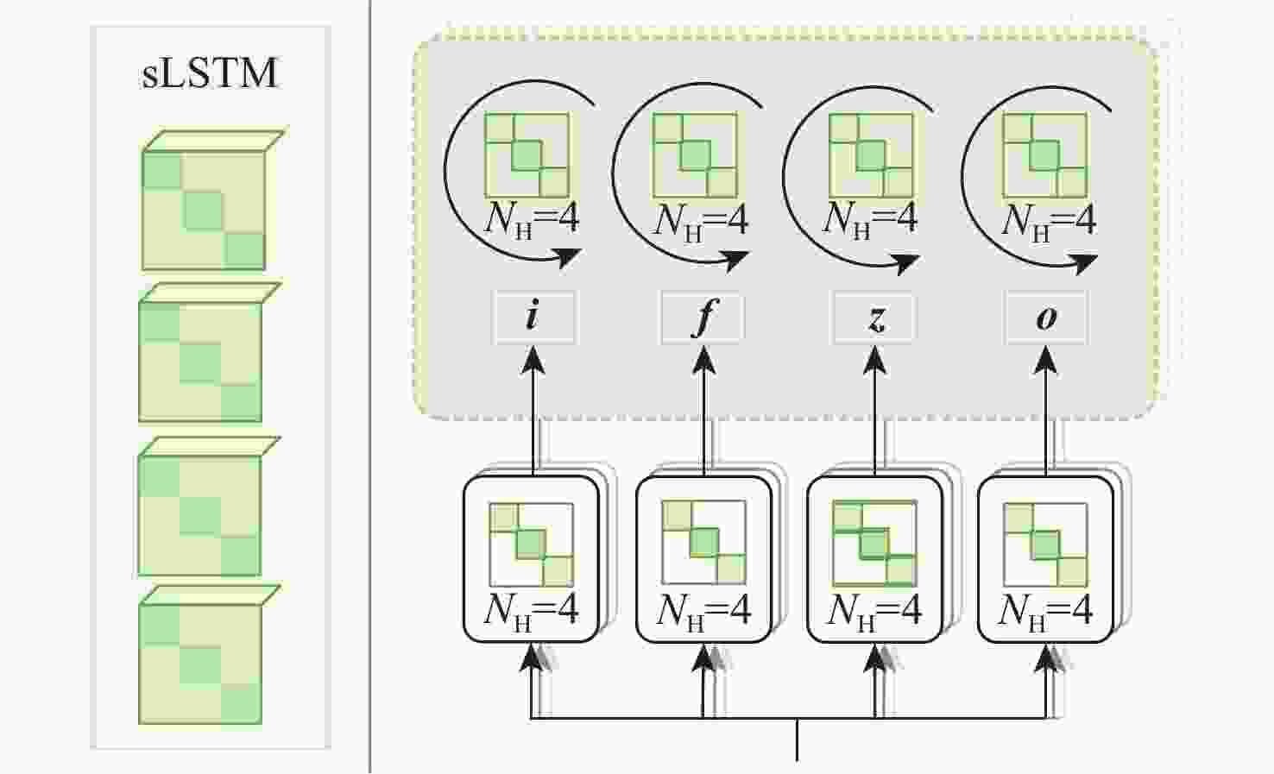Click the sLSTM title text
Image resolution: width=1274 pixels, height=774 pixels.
[209, 72]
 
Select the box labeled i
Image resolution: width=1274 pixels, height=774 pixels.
[533, 318]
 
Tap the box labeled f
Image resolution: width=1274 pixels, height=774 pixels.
[703, 318]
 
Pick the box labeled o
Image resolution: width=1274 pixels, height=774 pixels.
[1046, 318]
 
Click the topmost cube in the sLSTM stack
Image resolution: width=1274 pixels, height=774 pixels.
[211, 199]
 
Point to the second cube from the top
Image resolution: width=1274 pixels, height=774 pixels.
[209, 353]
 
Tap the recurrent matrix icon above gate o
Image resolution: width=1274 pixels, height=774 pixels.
[1045, 155]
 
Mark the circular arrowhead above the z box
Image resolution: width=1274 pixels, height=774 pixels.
[904, 262]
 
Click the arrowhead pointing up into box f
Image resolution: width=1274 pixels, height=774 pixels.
[703, 360]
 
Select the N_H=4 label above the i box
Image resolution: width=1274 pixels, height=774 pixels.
[531, 221]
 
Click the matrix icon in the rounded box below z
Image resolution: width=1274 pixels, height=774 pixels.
[874, 543]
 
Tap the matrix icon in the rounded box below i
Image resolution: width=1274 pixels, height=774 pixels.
[531, 544]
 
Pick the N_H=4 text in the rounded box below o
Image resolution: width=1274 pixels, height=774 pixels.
[1044, 613]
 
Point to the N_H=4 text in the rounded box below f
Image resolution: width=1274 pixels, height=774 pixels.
[703, 613]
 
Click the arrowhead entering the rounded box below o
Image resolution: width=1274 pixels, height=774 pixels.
[1045, 658]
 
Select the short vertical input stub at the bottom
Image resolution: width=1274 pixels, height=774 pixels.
[798, 739]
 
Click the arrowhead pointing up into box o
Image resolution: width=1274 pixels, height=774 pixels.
[1045, 360]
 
